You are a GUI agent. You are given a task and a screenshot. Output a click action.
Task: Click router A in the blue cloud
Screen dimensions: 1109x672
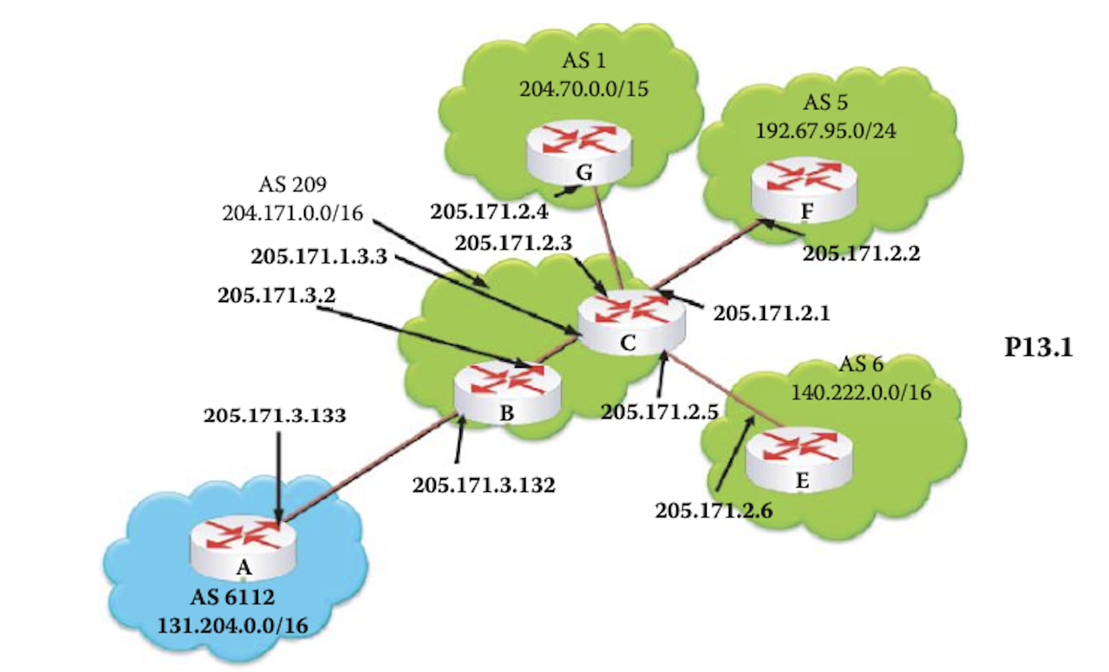[x=243, y=549]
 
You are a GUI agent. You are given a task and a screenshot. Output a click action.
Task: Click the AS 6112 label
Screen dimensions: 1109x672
[x=233, y=597]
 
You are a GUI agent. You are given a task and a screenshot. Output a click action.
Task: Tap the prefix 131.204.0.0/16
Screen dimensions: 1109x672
[x=233, y=626]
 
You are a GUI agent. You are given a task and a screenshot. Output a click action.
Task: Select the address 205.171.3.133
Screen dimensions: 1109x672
[x=275, y=415]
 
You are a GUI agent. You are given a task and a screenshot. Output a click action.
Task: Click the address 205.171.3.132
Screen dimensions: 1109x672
[x=484, y=485]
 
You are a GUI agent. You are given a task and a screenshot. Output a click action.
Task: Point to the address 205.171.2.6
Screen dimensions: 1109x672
[x=714, y=511]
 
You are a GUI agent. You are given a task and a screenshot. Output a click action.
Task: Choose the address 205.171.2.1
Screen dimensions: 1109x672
[x=772, y=313]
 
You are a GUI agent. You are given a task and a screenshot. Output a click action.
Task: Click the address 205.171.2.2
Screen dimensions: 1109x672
[x=861, y=253]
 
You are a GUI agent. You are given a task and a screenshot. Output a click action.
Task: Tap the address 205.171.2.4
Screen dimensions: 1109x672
[x=490, y=212]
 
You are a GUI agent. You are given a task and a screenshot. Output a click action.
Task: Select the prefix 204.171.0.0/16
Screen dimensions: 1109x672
[x=293, y=213]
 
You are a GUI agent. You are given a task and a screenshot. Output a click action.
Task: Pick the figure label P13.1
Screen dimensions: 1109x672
[x=1039, y=347]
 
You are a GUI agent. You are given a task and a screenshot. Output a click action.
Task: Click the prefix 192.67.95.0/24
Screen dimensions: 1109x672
[x=826, y=131]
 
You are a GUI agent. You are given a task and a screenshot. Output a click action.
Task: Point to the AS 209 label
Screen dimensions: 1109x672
[x=293, y=184]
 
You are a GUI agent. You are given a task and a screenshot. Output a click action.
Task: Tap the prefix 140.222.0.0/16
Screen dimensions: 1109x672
[x=861, y=393]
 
